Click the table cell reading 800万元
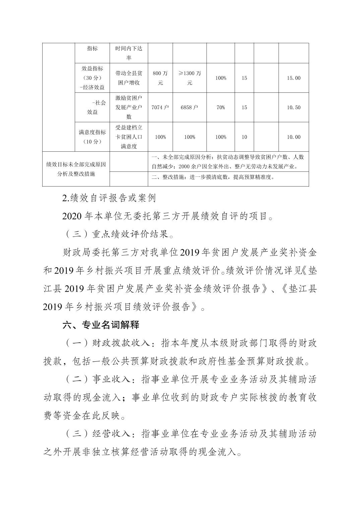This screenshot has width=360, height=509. tap(160, 78)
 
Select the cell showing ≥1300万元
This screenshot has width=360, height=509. tap(189, 78)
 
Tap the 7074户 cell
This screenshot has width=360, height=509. tap(160, 107)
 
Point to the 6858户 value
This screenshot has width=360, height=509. tap(189, 107)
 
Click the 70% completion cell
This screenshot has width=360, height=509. tap(221, 107)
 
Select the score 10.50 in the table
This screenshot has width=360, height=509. tap(294, 107)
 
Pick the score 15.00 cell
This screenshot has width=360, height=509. tap(294, 78)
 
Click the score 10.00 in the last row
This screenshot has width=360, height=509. tap(294, 137)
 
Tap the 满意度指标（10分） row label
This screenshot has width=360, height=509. tap(92, 137)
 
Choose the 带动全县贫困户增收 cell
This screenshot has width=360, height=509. tap(129, 78)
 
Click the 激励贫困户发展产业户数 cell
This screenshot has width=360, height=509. tap(129, 107)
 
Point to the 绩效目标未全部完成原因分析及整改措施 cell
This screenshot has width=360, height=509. tap(76, 169)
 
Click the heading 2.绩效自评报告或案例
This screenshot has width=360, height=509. tap(109, 198)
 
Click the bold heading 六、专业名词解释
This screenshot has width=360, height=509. tap(101, 325)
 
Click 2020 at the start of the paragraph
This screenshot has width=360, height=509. tap(72, 216)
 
